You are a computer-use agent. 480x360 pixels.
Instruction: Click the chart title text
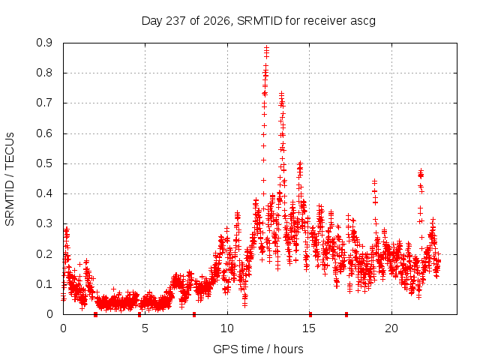tap(258, 21)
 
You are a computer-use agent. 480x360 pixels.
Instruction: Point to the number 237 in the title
tap(175, 21)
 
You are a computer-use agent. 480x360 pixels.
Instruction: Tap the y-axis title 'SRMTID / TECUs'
tap(10, 179)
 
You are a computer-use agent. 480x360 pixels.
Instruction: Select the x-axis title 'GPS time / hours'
tap(258, 349)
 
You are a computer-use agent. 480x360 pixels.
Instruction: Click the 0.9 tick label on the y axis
tap(44, 43)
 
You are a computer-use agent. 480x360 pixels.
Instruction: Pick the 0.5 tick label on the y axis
tap(44, 163)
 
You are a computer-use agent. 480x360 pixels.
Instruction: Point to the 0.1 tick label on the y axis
tap(44, 284)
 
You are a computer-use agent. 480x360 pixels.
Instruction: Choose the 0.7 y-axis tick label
tap(44, 103)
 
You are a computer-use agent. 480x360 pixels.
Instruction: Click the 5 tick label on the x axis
tap(145, 328)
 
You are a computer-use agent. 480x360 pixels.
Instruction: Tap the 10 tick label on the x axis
tap(227, 328)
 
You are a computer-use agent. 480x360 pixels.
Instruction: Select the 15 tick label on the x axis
tap(309, 328)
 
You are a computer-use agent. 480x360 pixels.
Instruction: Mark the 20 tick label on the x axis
tap(391, 328)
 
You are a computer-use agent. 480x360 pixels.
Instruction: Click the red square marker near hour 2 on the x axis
tap(95, 314)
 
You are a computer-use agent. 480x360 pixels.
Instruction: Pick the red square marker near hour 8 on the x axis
tap(194, 314)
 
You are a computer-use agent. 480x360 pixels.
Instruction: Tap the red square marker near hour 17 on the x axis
tap(346, 314)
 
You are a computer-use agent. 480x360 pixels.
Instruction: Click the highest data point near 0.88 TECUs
tap(267, 48)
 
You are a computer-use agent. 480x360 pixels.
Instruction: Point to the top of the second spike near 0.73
tap(282, 94)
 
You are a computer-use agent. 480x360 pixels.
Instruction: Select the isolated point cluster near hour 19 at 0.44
tap(375, 182)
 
